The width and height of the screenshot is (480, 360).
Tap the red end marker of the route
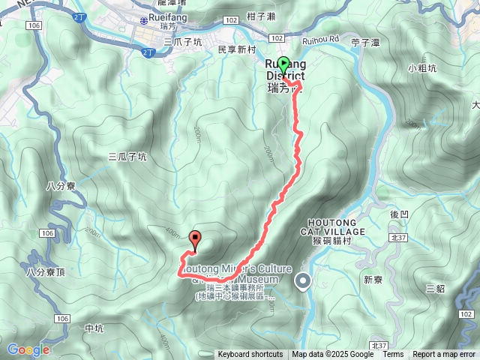point(196,240)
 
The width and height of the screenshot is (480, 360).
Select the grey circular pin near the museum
point(303,281)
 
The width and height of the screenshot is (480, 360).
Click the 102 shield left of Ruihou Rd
point(277,37)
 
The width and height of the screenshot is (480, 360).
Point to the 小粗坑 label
point(422,67)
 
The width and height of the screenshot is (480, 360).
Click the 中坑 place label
point(94,328)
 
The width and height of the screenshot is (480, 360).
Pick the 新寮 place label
point(373,280)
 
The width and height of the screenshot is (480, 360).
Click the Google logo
point(28,349)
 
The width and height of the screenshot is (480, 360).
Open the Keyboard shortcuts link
point(250,355)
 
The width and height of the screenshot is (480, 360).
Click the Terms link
point(393,355)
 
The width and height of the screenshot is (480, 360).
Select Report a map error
point(444,355)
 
